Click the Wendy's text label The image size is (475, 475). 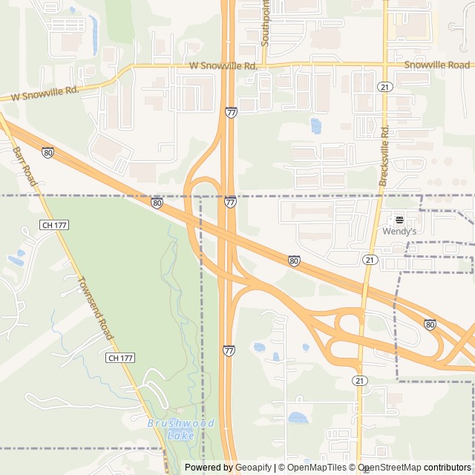point(399,232)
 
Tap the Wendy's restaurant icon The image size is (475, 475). point(399,220)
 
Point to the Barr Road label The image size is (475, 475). point(24,165)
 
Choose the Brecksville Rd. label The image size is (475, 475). point(384,156)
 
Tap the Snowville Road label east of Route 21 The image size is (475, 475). point(436,65)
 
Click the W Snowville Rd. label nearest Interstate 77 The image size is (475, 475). point(223,66)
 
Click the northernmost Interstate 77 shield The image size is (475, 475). point(231,112)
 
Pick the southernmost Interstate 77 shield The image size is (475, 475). point(229,350)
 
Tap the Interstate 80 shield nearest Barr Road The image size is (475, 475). point(47,152)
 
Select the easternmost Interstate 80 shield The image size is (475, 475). point(430,324)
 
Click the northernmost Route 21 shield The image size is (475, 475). point(384,87)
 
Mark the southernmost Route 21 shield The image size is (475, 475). point(360,380)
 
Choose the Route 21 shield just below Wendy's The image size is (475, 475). point(369,259)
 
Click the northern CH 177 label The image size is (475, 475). point(55,224)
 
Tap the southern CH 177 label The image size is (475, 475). point(119,358)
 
